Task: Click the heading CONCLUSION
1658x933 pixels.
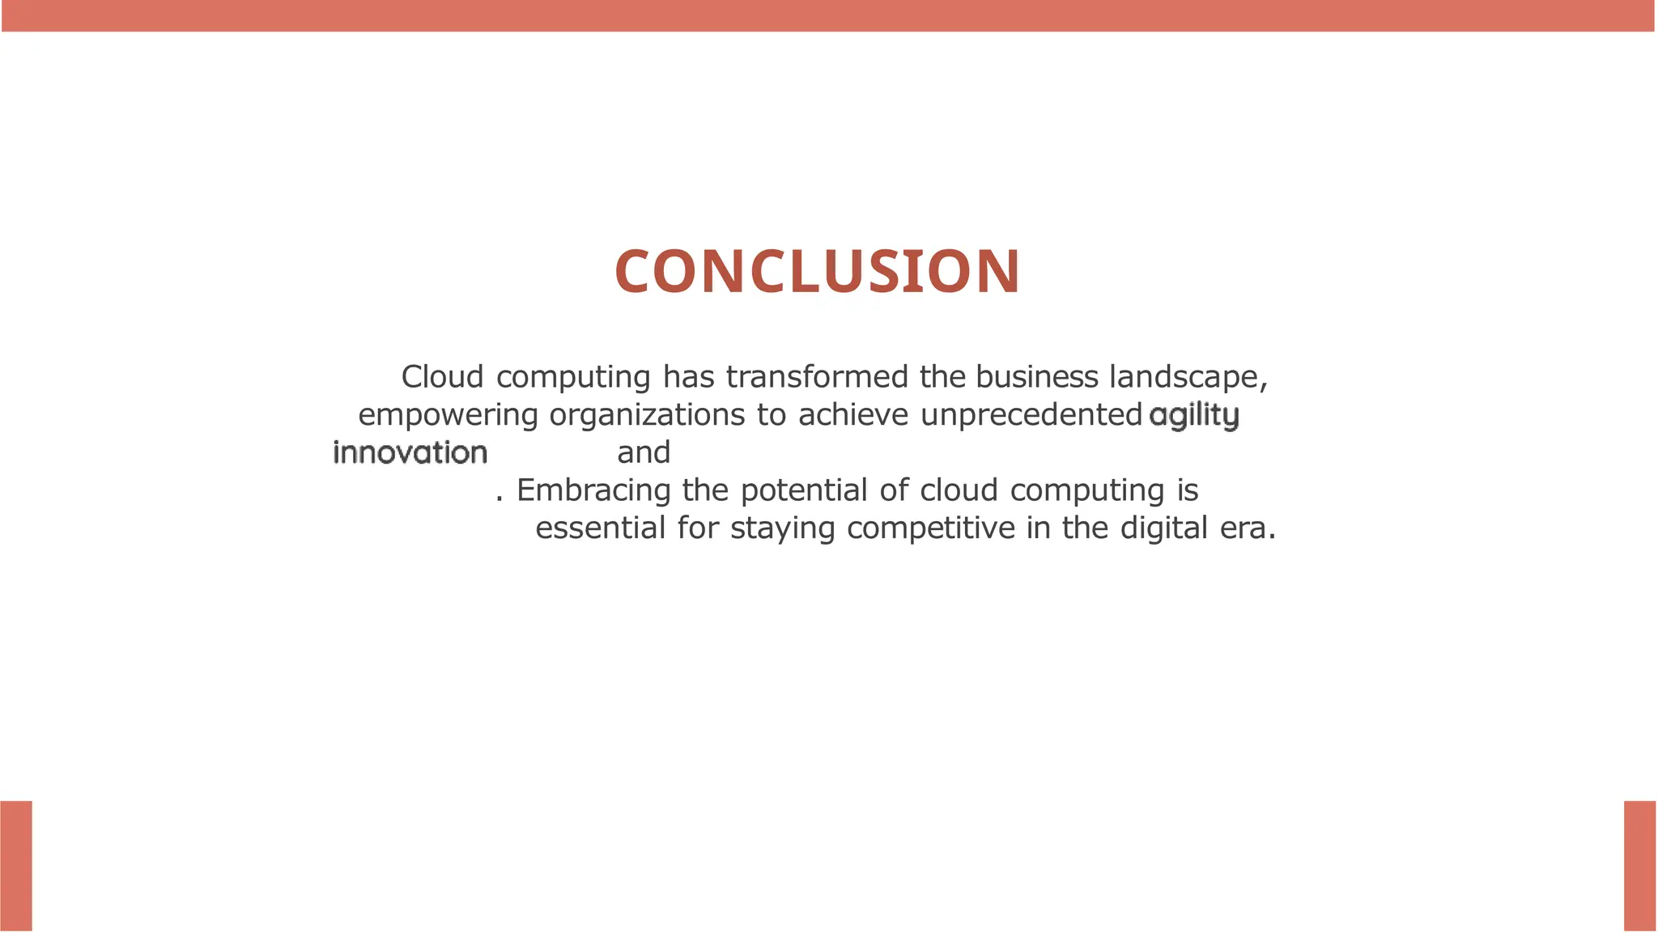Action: [818, 271]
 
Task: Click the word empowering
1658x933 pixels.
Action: [448, 415]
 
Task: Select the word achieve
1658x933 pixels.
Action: [852, 415]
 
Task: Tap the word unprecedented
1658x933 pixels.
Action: [1031, 415]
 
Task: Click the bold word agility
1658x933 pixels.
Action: [1193, 416]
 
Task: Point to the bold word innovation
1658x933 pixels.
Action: [410, 453]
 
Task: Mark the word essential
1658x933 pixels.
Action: [600, 528]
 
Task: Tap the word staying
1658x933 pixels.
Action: [782, 529]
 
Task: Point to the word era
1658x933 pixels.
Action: [1241, 528]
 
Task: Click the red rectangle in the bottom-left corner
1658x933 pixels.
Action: [16, 866]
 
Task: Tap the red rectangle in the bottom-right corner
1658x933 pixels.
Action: [1640, 866]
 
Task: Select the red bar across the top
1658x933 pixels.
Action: [829, 15]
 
